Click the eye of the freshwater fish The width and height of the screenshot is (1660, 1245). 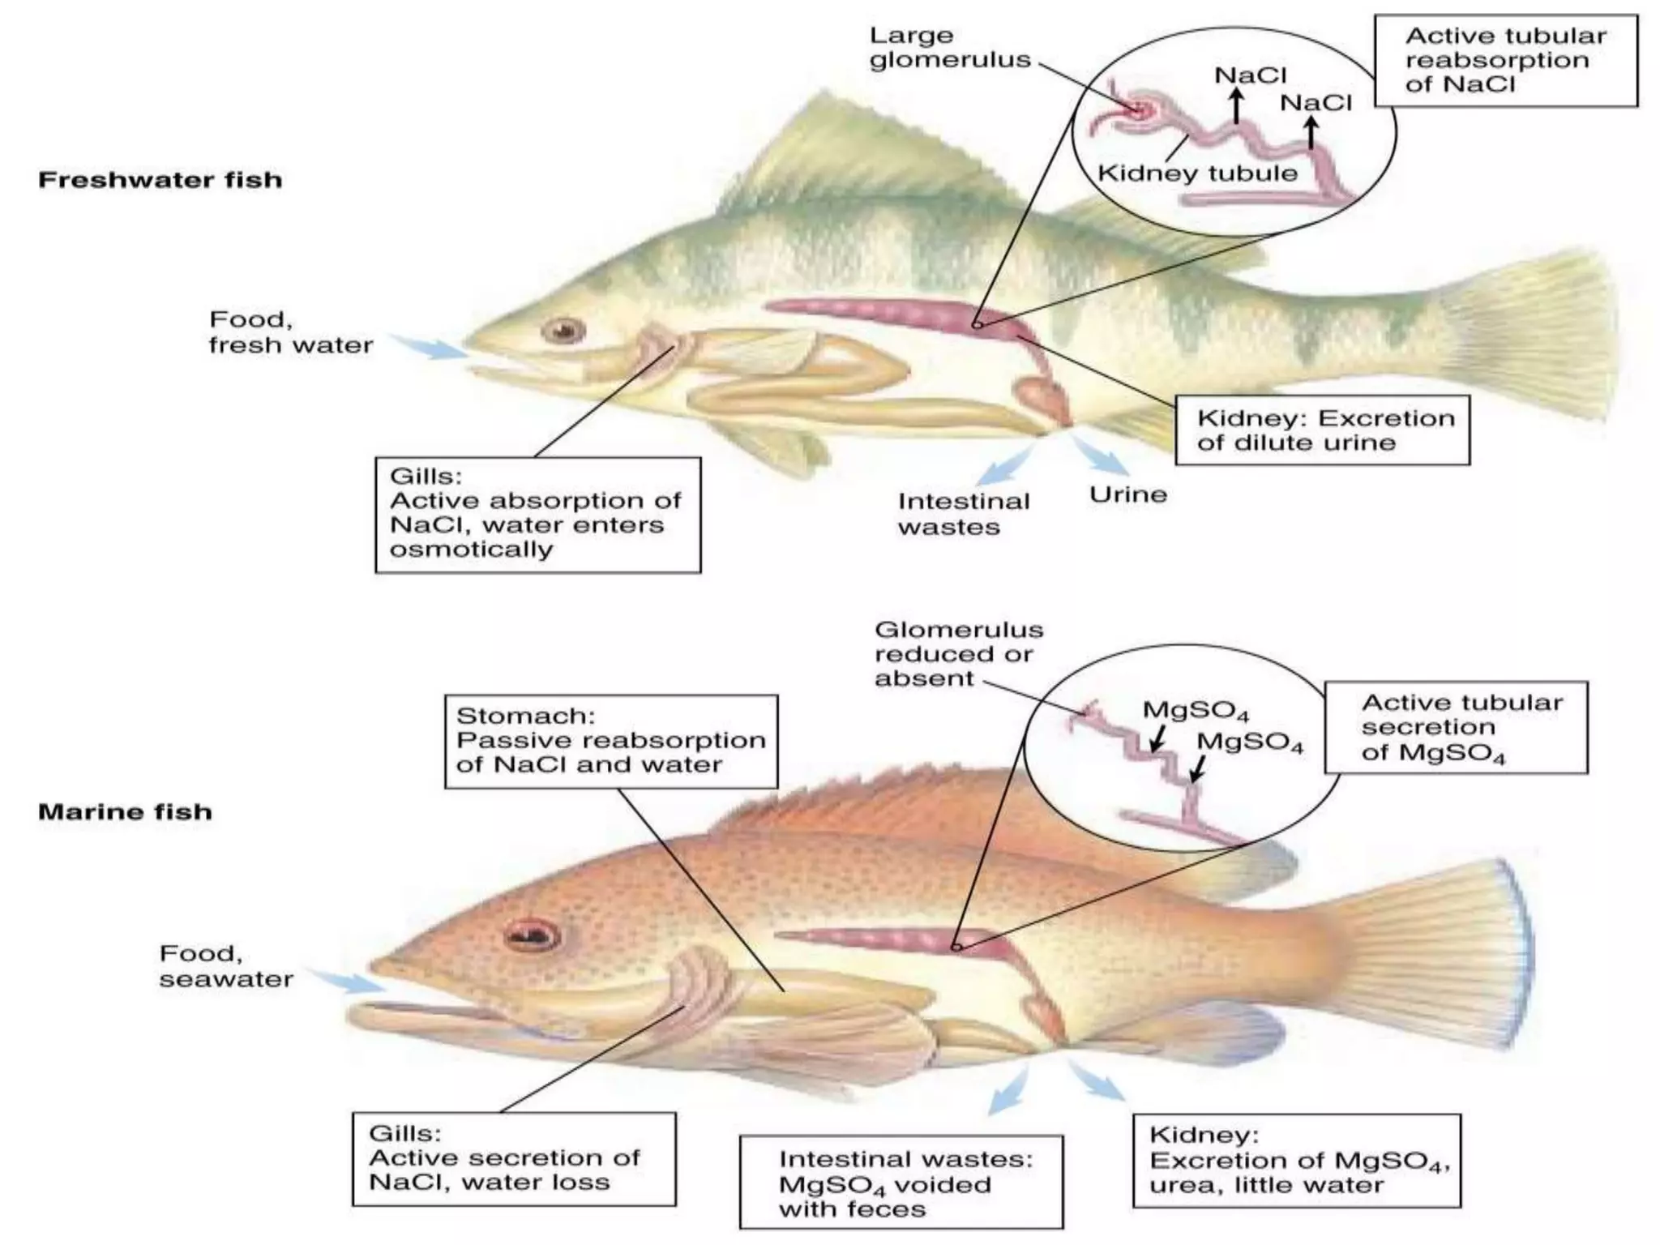coord(563,330)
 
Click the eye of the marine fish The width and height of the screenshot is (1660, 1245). coord(531,935)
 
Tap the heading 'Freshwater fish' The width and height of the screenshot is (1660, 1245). coord(160,179)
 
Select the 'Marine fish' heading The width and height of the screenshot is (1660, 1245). coord(125,811)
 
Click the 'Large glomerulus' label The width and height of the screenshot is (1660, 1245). coord(950,48)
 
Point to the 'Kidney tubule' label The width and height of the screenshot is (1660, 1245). coord(1197,173)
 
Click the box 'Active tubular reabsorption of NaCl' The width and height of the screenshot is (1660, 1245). coord(1505,61)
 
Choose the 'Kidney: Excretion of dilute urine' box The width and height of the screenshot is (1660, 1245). coord(1322,430)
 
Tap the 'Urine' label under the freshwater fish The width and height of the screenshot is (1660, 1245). coord(1127,494)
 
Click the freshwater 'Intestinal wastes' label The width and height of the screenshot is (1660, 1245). coord(963,514)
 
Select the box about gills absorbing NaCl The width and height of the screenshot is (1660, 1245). coord(537,515)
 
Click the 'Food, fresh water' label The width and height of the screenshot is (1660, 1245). coord(290,332)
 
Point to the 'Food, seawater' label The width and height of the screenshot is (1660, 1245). coord(226,966)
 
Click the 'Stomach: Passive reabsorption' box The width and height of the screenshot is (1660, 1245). coord(610,741)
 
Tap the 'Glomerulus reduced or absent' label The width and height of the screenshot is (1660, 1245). coord(958,653)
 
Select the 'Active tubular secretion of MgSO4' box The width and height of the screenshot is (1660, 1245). coord(1455,727)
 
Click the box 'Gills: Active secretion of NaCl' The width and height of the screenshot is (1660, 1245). coord(513,1158)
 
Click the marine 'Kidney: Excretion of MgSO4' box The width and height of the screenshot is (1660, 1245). coord(1296,1161)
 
